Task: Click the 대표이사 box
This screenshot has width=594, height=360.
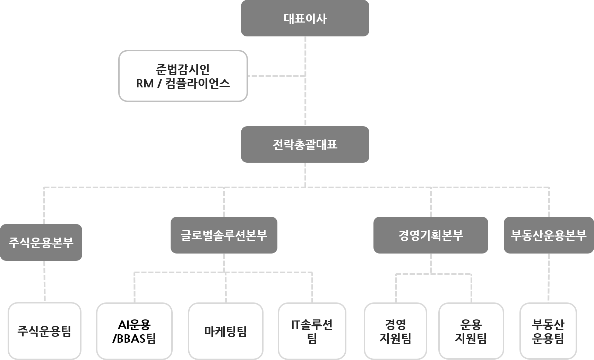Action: [305, 18]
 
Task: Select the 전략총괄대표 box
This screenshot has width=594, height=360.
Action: [305, 144]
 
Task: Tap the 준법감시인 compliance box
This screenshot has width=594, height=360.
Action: [183, 76]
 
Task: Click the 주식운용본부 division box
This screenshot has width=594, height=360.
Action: [41, 242]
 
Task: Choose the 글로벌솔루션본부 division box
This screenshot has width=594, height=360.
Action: [224, 235]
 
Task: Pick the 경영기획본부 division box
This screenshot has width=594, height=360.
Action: [431, 235]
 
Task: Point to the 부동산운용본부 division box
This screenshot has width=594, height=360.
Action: [549, 235]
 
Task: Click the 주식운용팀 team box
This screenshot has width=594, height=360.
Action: [44, 331]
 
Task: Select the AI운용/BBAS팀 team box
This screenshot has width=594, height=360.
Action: [134, 331]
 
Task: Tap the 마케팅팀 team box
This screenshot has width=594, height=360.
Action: [226, 331]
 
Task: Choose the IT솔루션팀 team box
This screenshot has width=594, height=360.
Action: [312, 331]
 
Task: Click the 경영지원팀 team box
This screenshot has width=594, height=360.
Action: [395, 331]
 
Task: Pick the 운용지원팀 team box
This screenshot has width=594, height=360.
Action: [471, 331]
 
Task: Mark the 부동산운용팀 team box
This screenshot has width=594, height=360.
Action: [548, 331]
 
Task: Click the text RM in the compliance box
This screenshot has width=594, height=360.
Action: [145, 84]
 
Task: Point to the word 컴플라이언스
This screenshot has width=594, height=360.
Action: [198, 83]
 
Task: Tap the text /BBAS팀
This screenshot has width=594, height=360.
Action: [134, 338]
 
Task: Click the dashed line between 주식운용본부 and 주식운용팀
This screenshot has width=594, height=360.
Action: [44, 281]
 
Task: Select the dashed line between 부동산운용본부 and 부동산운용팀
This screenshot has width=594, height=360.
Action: [549, 277]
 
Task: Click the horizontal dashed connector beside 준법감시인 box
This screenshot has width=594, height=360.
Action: [276, 76]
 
